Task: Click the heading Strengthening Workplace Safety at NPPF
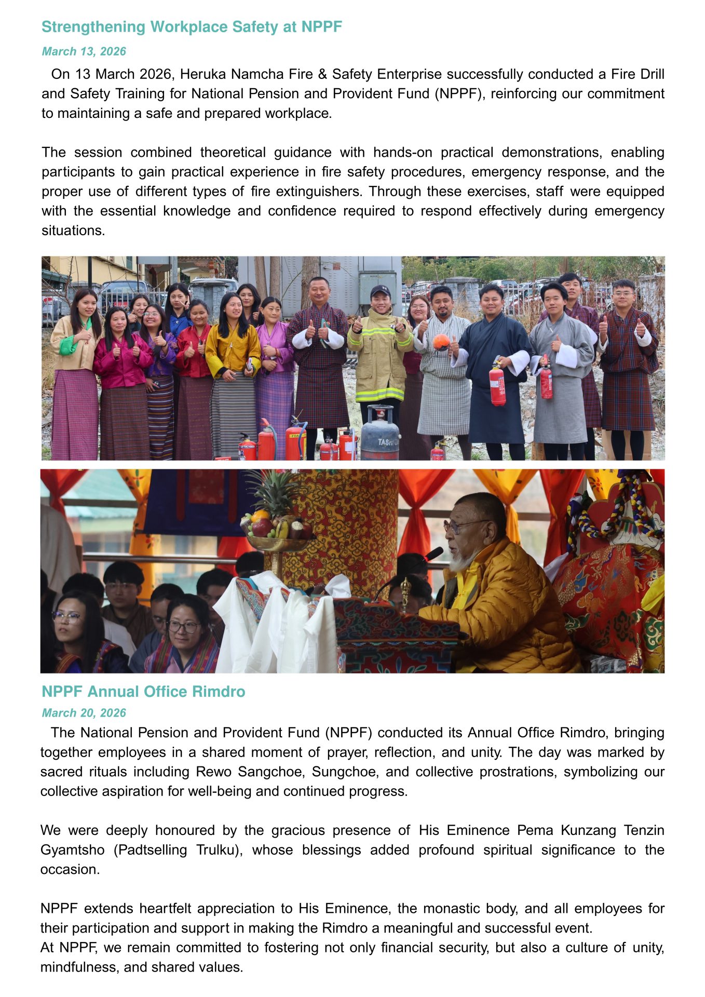[x=192, y=27]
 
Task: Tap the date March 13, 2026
[x=84, y=51]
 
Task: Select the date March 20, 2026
[x=84, y=713]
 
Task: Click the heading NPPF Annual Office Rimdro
[x=143, y=692]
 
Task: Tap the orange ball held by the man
[x=441, y=342]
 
